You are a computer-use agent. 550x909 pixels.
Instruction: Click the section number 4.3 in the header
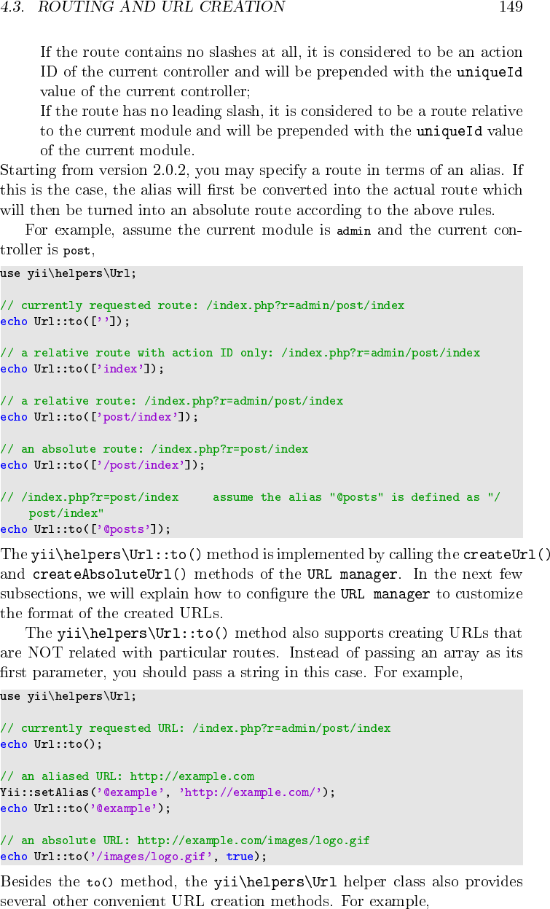[x=12, y=7]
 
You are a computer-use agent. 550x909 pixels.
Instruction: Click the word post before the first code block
[x=76, y=251]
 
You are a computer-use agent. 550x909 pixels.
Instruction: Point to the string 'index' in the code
[x=120, y=369]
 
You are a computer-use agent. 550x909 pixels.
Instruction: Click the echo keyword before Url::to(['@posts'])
[x=14, y=529]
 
